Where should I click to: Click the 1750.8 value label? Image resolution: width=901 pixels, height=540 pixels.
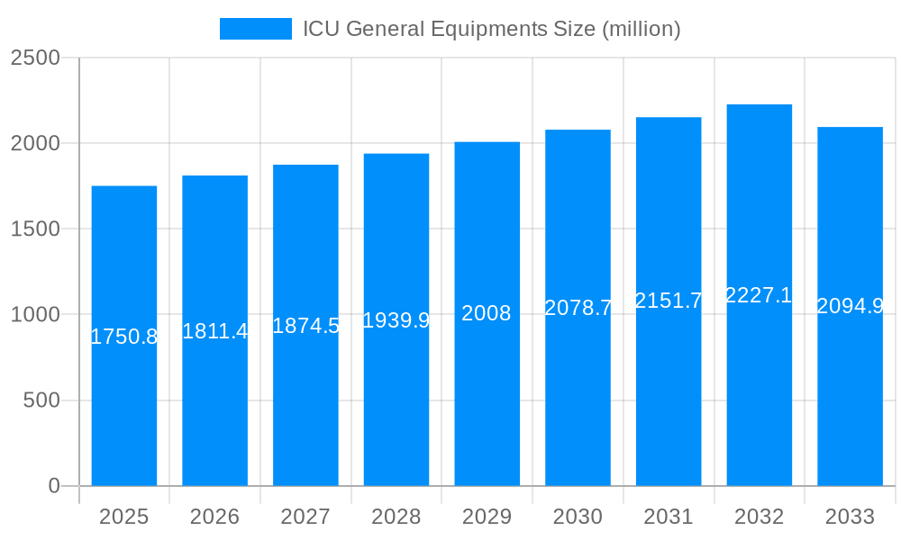pos(124,337)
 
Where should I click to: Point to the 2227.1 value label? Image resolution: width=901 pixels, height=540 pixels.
pos(759,295)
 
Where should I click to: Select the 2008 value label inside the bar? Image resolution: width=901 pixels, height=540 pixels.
pos(487,313)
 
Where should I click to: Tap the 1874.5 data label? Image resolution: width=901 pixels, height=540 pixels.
pos(305,326)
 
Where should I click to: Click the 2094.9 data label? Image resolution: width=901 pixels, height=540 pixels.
pos(850,306)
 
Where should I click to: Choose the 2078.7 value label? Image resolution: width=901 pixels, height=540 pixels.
pos(578,308)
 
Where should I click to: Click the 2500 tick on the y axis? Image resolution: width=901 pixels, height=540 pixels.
pos(35,58)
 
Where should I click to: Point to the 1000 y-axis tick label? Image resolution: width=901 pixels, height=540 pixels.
pos(35,315)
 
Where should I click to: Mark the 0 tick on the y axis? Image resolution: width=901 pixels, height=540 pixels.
pos(53,486)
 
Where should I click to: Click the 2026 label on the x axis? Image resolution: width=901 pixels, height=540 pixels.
pos(215,517)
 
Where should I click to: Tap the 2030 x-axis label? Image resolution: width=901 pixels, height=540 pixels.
pos(578,517)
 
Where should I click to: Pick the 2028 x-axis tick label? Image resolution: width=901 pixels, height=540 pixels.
pos(396,517)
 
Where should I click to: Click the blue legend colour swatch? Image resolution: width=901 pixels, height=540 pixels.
pos(256,29)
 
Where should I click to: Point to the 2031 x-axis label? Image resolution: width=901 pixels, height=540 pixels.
pos(669,517)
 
